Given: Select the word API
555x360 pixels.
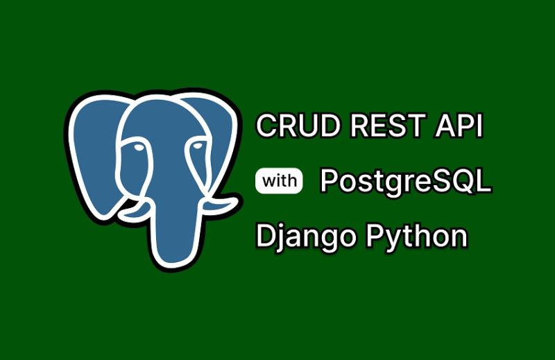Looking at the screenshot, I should coord(459,127).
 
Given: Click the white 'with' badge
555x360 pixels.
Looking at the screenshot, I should coord(280,181).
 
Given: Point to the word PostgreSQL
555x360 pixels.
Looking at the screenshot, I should coord(405,182).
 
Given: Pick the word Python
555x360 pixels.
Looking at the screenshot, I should coord(416,237).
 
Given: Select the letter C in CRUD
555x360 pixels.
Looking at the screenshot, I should coord(265,127).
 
